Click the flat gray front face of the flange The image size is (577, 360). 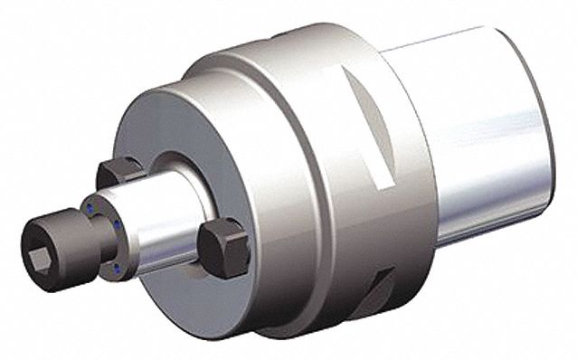pos(163,136)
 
